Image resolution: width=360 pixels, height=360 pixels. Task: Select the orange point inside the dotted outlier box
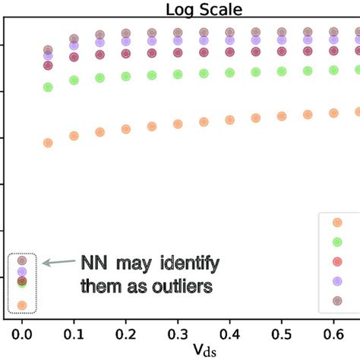(x=22, y=305)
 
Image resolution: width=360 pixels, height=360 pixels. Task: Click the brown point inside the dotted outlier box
(x=22, y=259)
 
